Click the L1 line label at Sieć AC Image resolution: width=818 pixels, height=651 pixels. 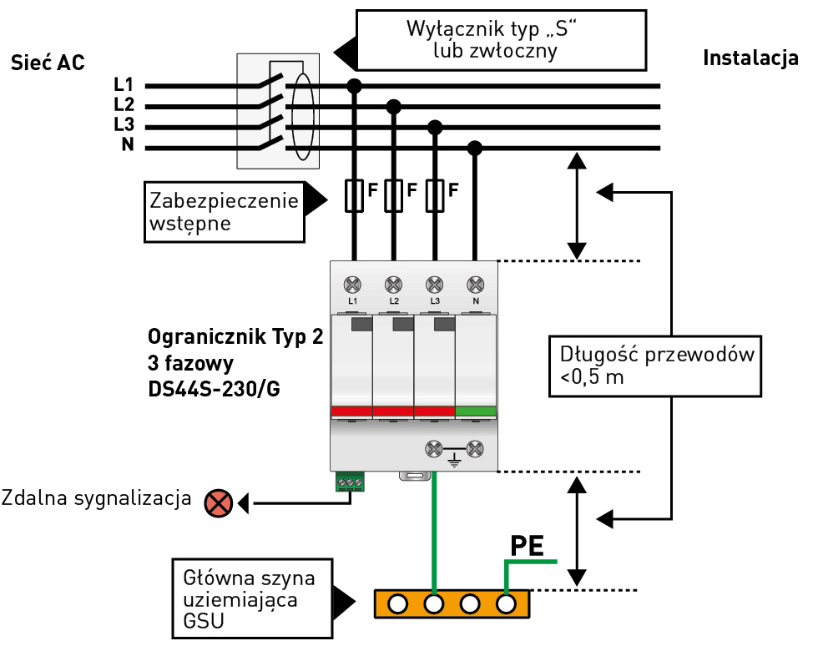124,85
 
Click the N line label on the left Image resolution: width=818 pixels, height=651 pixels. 127,145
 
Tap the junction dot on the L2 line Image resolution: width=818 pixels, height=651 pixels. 394,106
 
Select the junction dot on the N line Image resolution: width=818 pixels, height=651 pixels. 475,148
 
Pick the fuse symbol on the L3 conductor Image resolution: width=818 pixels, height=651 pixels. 434,195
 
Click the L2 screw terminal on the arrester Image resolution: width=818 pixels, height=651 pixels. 393,283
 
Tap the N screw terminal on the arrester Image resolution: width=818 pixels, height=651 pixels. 476,283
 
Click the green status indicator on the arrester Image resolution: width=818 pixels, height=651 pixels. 476,411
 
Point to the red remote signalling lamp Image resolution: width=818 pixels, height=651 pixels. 219,502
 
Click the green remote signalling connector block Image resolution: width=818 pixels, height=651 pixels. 351,482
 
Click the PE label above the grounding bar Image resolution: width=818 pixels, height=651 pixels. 528,547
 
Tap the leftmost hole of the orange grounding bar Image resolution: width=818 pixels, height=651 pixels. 398,603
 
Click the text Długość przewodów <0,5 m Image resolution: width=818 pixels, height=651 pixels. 656,366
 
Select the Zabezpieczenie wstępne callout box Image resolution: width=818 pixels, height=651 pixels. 223,212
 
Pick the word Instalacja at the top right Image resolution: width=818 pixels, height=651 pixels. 751,58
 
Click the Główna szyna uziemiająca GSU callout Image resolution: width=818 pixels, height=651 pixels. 250,599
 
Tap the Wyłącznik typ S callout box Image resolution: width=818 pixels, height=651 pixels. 501,39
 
